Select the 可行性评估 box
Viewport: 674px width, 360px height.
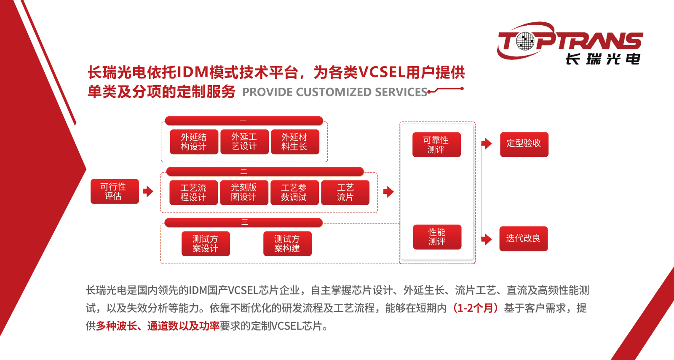pos(115,191)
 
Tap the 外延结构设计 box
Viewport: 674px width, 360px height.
pos(194,142)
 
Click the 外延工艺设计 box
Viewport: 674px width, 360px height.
pos(245,142)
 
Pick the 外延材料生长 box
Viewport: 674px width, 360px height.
pos(295,142)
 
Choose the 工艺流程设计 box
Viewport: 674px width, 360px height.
pos(193,193)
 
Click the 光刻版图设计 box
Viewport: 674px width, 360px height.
pos(244,193)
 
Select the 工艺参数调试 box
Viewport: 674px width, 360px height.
pos(294,193)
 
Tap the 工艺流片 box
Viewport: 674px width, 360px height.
pos(345,193)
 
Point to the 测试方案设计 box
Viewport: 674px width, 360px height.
pos(206,244)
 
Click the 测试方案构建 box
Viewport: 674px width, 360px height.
pos(287,244)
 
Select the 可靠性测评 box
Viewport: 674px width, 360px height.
pos(436,145)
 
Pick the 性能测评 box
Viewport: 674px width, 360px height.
pos(437,237)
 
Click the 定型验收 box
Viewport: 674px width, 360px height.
pos(524,145)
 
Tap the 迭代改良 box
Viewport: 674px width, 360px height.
pos(524,239)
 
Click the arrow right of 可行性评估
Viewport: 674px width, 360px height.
pos(148,191)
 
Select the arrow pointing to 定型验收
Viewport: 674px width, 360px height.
pos(487,144)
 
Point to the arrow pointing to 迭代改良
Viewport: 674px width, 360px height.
pos(487,239)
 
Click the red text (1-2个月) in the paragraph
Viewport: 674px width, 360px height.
pos(476,308)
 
